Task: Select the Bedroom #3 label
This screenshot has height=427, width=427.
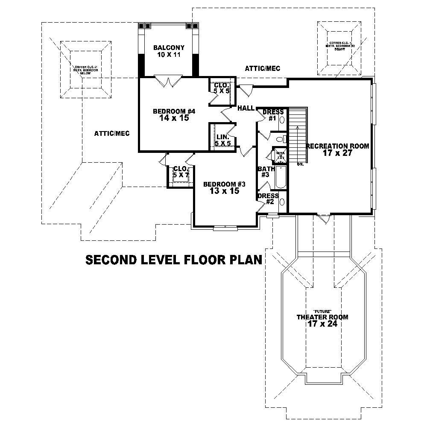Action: [224, 184]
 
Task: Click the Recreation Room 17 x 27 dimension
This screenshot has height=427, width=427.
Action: [337, 153]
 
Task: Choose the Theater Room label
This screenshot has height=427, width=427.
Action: [322, 317]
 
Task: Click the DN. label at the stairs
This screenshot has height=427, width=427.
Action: [300, 164]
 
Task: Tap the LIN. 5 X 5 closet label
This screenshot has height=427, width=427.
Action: [222, 140]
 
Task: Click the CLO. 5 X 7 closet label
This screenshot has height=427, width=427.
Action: [181, 172]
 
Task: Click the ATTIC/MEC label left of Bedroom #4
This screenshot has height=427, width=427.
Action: [111, 133]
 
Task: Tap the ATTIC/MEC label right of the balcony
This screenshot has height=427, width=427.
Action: [262, 68]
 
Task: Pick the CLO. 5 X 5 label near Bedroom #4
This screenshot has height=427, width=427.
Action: [222, 88]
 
